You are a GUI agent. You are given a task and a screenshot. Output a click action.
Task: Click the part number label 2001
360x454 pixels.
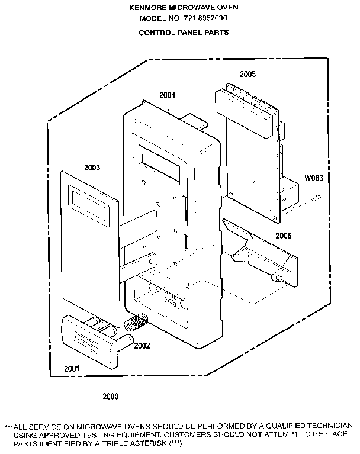(72, 369)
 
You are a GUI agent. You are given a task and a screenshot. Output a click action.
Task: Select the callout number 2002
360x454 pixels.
(142, 346)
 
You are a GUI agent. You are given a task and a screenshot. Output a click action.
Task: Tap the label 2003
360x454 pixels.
(92, 168)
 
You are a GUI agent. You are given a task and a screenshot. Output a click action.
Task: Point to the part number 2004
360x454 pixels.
(168, 95)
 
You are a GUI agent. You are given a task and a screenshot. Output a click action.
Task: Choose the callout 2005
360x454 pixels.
(248, 74)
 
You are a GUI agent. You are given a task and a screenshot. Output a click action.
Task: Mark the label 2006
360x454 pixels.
(284, 236)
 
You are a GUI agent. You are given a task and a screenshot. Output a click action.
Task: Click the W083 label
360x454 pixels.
(314, 178)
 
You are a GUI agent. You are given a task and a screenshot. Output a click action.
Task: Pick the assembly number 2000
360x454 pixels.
(111, 396)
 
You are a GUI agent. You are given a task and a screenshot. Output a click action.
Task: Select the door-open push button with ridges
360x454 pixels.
(91, 342)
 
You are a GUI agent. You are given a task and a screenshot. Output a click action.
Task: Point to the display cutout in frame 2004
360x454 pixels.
(160, 163)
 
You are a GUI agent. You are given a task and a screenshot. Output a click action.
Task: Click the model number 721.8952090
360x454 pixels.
(205, 18)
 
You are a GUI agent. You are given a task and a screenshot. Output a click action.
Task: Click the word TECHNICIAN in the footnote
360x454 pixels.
(330, 426)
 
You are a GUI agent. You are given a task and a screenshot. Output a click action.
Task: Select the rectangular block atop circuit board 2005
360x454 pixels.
(244, 114)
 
